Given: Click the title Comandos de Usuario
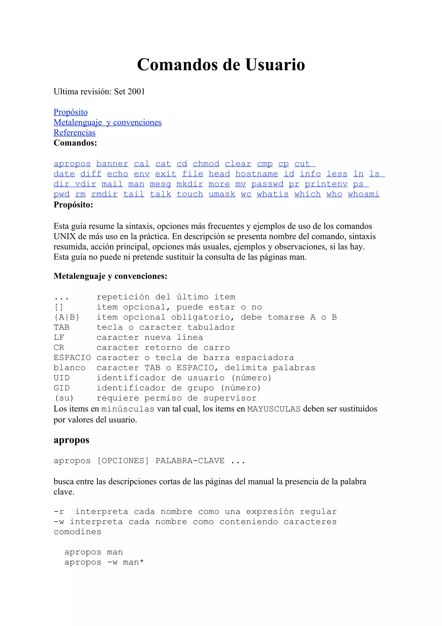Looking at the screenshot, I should click(221, 65).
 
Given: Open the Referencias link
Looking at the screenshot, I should click(74, 132).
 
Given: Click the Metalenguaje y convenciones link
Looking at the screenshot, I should click(107, 122).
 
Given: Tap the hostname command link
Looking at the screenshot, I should click(257, 174).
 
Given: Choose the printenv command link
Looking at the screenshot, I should click(326, 184).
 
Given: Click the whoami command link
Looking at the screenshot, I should click(363, 194).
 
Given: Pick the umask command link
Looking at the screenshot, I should click(222, 194).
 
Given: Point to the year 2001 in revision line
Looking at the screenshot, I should click(136, 92).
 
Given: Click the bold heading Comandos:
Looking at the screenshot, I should click(75, 143).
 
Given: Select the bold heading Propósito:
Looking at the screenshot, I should click(73, 205).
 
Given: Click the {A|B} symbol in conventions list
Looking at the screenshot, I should click(67, 317).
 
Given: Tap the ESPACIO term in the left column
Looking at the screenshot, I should click(72, 358).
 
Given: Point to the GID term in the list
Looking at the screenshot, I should click(62, 388).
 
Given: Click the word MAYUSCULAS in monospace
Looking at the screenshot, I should click(274, 409).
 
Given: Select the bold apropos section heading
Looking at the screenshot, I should click(71, 440).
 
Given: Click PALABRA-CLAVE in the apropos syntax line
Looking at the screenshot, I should click(190, 461).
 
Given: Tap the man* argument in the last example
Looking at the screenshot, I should click(133, 562).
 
